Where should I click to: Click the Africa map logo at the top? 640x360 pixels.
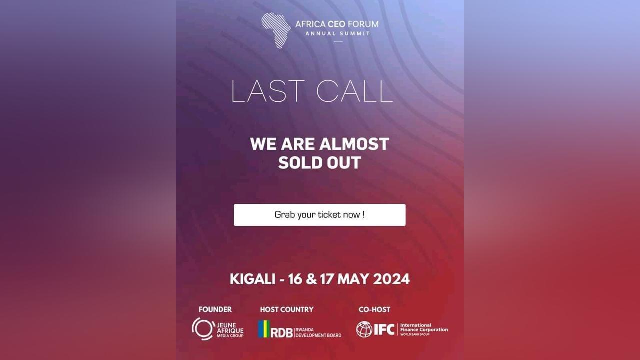[276, 30]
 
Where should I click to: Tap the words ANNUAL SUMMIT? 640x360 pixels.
[338, 33]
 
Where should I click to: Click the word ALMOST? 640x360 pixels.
[354, 144]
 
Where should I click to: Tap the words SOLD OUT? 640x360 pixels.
[319, 163]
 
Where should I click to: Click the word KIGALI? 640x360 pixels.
[252, 279]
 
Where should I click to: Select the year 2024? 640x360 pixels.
[391, 279]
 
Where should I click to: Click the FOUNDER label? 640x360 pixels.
[215, 309]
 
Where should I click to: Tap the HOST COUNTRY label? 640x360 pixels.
[287, 309]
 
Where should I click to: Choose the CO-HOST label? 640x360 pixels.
[374, 309]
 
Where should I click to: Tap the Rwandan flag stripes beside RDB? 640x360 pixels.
[264, 329]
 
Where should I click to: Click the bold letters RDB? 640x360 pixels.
[281, 333]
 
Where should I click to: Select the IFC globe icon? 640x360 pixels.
[364, 329]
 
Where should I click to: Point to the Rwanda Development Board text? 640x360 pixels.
[318, 333]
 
